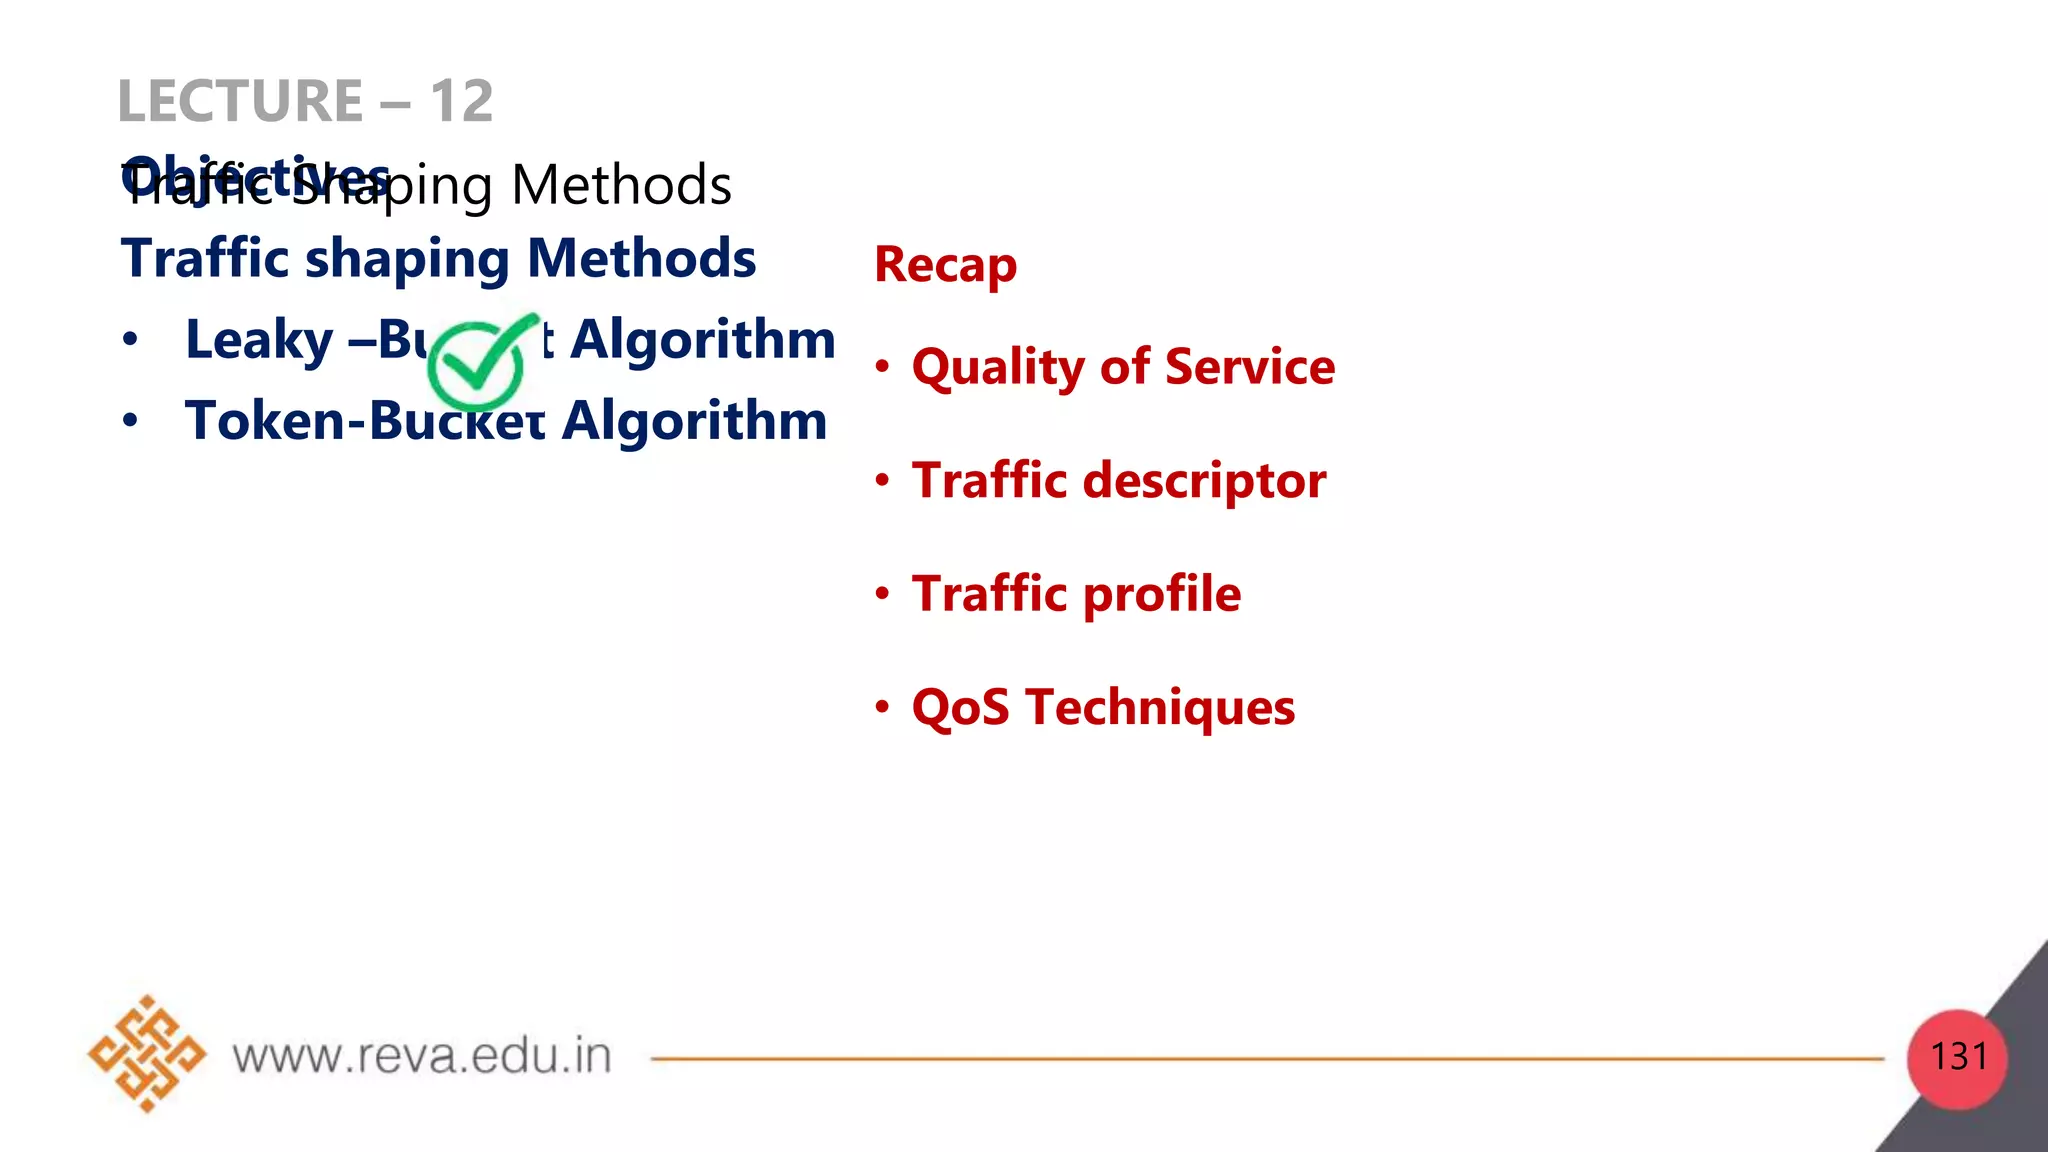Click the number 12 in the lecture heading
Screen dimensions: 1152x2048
(461, 101)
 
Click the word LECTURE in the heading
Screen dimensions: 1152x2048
(240, 101)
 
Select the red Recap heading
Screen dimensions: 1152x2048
(945, 265)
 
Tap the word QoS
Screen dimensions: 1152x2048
(960, 708)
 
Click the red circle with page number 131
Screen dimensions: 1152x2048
(1957, 1058)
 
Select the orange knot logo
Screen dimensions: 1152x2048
(146, 1054)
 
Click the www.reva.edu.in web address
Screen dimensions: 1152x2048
(421, 1057)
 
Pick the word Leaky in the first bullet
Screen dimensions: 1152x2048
(259, 340)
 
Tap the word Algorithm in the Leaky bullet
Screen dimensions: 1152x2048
(703, 340)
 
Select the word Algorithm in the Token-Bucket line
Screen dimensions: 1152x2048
(695, 420)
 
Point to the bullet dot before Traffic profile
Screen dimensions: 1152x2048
(882, 594)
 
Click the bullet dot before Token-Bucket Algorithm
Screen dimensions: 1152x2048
(130, 420)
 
